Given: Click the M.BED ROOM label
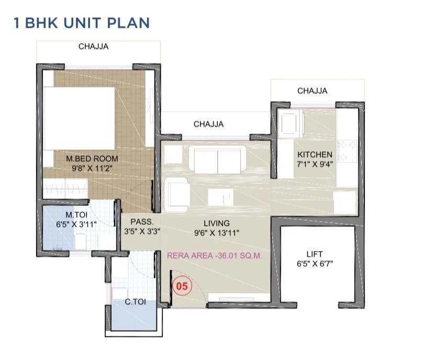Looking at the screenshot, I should point(92,158).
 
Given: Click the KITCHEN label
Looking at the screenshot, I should point(315,155).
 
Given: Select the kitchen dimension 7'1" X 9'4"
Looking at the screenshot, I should point(315,164).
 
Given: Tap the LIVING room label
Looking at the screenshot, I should point(217,223).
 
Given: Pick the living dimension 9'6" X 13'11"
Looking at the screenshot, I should point(217,233).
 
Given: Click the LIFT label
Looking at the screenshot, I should point(314,255).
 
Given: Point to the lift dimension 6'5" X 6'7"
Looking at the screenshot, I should point(314,265).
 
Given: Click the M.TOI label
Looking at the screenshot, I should point(76,214).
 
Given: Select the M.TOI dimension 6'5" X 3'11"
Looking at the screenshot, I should point(76,224).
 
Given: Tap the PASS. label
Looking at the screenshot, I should point(141,222).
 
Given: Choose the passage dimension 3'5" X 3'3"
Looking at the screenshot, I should point(141,231).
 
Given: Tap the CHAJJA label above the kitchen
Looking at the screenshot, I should point(312,91).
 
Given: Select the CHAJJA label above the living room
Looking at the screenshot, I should point(208,124).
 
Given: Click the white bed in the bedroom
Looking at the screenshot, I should point(79,118).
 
